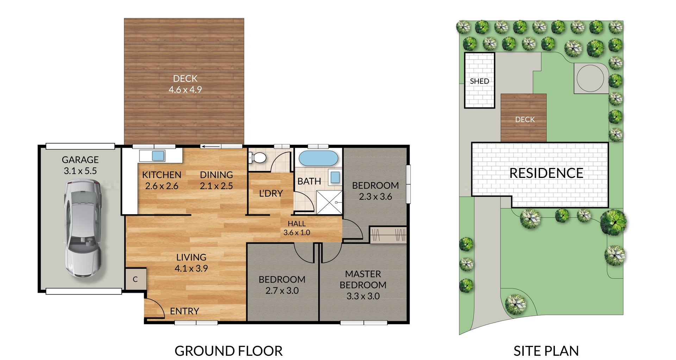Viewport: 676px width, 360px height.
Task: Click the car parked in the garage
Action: (x=83, y=229)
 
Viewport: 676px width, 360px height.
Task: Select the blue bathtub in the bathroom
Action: (x=318, y=158)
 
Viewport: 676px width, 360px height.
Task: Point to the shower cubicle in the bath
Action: (x=329, y=202)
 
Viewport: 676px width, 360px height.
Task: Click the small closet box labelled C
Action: (x=136, y=279)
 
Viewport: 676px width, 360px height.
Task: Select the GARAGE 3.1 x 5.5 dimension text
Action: (x=80, y=171)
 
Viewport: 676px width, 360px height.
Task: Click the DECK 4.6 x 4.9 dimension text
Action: (x=185, y=89)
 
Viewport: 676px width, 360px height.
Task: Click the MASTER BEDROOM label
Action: (x=363, y=279)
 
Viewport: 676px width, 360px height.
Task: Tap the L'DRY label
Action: (x=271, y=193)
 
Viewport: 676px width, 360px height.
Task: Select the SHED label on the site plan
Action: (x=479, y=81)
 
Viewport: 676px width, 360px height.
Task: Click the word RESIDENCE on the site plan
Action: (x=546, y=173)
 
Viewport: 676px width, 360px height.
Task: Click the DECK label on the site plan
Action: (x=525, y=120)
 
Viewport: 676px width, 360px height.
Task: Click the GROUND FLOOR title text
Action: (x=229, y=351)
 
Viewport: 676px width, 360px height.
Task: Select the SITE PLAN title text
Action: (x=546, y=351)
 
